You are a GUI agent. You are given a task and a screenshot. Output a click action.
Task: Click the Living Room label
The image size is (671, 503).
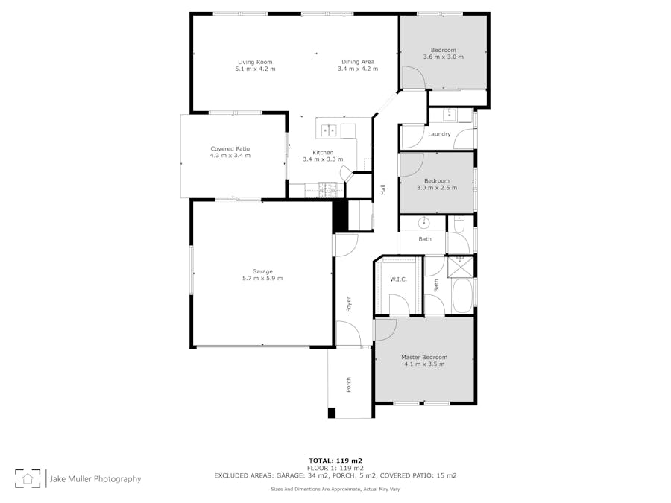[255, 62]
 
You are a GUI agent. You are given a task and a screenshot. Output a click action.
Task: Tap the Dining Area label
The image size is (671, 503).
[358, 62]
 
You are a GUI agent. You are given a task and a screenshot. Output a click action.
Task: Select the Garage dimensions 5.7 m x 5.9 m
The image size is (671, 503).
[262, 279]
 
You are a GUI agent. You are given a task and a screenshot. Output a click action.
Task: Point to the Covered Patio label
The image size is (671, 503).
[230, 149]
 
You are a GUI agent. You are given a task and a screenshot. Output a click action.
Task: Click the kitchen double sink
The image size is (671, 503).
[329, 130]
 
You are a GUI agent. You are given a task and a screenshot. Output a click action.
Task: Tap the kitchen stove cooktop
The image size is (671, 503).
[327, 190]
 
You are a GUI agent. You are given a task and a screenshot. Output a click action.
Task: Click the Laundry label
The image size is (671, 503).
[439, 134]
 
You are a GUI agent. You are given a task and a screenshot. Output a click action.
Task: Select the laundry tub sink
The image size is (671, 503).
[450, 115]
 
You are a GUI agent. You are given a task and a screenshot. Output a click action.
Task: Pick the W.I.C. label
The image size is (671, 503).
[398, 279]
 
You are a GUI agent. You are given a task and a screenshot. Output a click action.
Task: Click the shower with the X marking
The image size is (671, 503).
[460, 266]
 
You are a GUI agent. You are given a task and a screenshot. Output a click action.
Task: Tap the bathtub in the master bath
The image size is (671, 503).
[462, 296]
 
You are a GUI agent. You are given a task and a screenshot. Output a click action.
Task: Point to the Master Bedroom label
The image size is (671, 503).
[424, 357]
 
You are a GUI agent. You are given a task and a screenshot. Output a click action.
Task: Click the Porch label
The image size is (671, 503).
[349, 385]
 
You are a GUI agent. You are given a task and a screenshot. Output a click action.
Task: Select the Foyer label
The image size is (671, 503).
[349, 304]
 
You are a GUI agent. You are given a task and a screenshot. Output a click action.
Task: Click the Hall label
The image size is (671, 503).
[383, 189]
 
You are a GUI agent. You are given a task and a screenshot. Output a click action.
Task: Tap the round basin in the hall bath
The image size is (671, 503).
[423, 222]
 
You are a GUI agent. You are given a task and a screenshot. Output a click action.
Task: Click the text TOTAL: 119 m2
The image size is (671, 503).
[335, 461]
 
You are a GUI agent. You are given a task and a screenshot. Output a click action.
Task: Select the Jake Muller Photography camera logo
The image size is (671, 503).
[28, 478]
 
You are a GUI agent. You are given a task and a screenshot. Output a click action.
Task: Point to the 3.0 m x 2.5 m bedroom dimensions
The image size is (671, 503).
[437, 188]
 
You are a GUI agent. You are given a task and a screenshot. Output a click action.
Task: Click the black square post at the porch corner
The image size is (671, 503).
[332, 413]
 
